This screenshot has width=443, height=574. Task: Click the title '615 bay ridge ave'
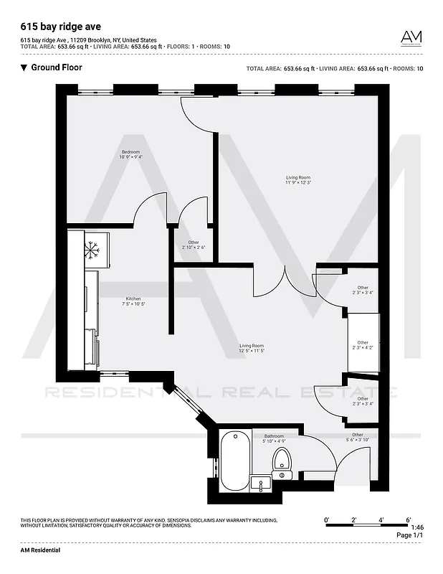(x=61, y=27)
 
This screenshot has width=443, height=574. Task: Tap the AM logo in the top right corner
(x=411, y=37)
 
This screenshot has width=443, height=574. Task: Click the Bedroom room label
(x=130, y=154)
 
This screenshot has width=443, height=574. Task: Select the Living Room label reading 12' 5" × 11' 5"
(x=252, y=348)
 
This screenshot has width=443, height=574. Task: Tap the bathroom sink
(x=261, y=482)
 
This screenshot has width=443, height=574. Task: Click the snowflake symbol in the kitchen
(x=91, y=250)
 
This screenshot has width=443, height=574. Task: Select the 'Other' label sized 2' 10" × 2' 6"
(x=194, y=245)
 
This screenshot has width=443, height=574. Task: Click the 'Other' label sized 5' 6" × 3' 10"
(x=357, y=437)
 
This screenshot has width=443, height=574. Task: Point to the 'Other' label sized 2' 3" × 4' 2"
(x=363, y=345)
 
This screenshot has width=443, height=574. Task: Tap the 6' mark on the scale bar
(x=408, y=519)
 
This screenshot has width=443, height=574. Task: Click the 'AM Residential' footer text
(x=40, y=550)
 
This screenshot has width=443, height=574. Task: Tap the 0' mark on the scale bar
(x=326, y=519)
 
